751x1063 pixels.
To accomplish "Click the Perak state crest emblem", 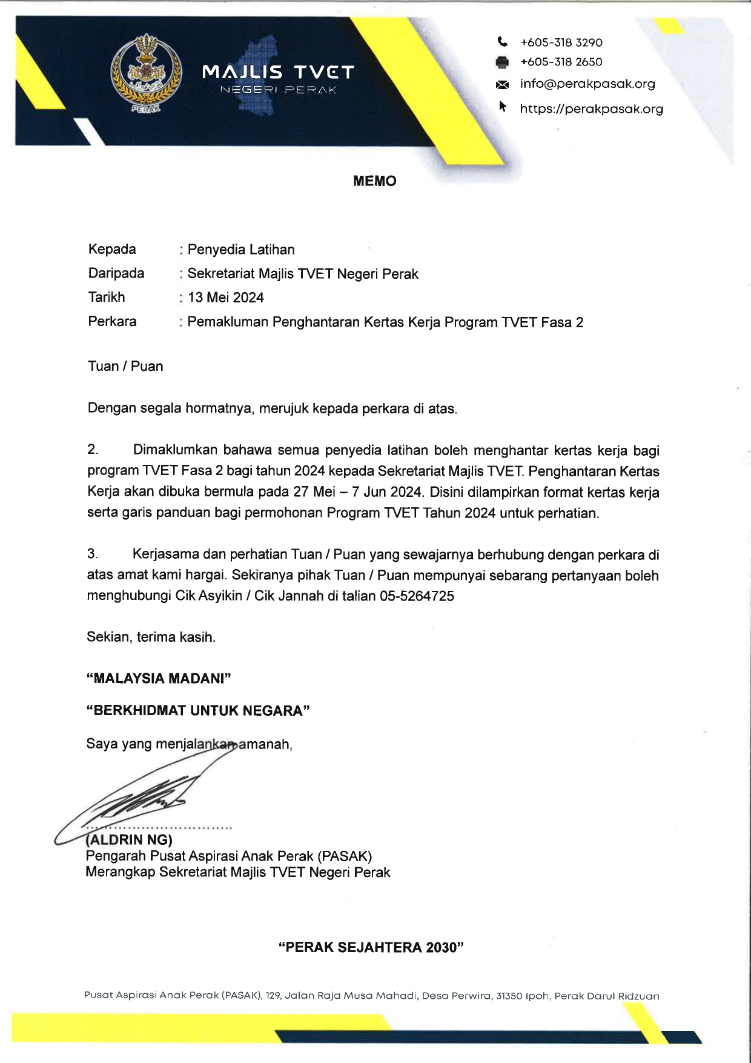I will (146, 74).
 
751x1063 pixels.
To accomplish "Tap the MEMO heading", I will (374, 181).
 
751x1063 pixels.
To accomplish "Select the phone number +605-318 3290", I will (561, 42).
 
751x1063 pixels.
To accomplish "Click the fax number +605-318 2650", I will (561, 62).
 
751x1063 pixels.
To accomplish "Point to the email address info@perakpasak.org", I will (587, 84).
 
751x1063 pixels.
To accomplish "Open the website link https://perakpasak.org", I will (591, 109).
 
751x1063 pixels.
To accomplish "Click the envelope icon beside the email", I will (502, 84).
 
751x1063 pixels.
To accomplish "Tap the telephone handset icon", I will (502, 42).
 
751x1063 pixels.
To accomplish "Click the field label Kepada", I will (112, 249).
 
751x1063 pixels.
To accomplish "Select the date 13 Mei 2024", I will (226, 298).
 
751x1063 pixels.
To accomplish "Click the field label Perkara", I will (112, 321).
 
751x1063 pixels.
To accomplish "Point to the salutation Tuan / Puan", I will (125, 366).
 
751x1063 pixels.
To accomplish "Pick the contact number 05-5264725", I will (417, 596).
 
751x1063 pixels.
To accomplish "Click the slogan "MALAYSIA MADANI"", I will (159, 678).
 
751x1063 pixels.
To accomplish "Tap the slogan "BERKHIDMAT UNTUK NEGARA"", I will (198, 711).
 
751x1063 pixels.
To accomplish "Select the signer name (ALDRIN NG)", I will (130, 839).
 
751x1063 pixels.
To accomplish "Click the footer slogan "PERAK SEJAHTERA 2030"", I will (371, 947).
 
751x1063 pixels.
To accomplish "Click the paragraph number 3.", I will (92, 554).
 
